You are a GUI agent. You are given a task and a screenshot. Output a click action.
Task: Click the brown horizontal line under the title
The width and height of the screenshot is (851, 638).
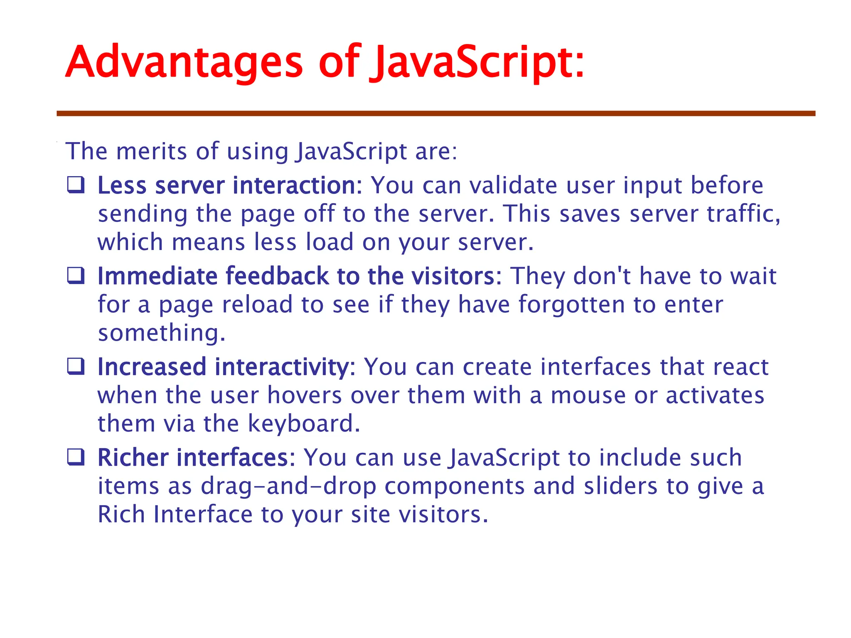(x=436, y=113)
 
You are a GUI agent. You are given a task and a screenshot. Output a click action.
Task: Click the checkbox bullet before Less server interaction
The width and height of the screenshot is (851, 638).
(x=76, y=185)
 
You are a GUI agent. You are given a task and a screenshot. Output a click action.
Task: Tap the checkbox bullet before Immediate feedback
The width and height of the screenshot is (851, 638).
(x=76, y=276)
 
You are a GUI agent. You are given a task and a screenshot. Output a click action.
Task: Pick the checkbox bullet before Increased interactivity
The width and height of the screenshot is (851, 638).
(x=76, y=366)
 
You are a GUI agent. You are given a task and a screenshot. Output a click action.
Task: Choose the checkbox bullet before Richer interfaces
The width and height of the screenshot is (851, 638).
(x=76, y=457)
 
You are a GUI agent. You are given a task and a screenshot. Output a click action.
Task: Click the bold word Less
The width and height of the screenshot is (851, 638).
(x=122, y=185)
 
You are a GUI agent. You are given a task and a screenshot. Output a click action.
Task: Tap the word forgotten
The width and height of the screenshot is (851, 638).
(x=571, y=304)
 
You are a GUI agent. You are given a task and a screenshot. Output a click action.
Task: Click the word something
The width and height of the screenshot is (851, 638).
(x=161, y=333)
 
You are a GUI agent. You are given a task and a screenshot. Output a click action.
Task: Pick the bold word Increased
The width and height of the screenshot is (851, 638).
(x=152, y=367)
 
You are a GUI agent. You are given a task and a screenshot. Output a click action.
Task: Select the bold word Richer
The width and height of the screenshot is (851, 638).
(x=133, y=458)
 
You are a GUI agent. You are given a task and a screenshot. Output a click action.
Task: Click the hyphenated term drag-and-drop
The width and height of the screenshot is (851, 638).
(x=289, y=486)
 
